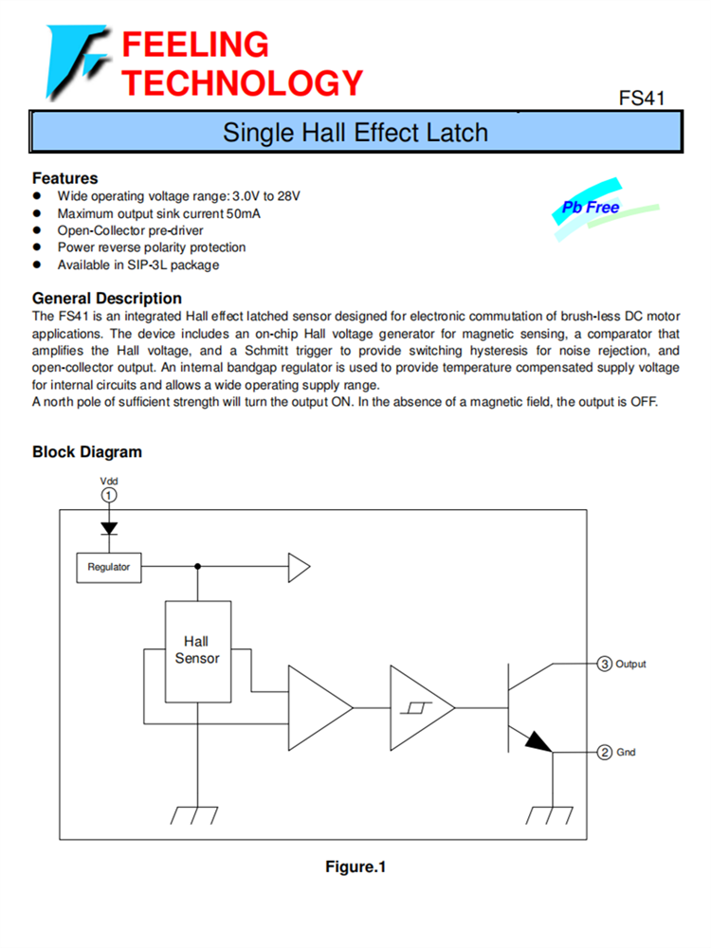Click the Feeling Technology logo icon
point(77,63)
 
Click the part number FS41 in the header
point(642,98)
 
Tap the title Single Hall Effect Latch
point(355,132)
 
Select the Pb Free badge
point(591,208)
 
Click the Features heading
point(64,178)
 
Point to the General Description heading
point(107,299)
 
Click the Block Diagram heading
point(87,452)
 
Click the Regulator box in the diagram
point(108,568)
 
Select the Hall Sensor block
point(197,650)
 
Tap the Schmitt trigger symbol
point(414,707)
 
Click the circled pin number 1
point(109,495)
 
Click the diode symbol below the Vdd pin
point(109,528)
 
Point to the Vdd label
point(109,481)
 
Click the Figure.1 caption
point(355,867)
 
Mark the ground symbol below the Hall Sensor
point(197,814)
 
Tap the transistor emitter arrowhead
point(538,740)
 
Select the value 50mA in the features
point(241,213)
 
